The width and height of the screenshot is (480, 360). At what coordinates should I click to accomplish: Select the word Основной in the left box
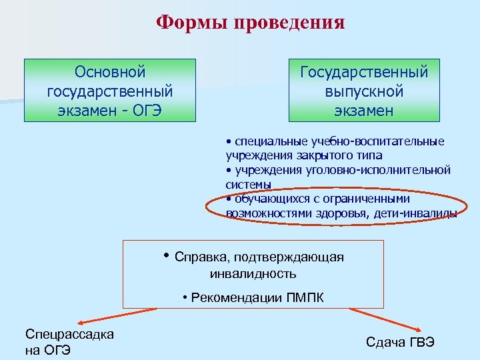click(x=110, y=71)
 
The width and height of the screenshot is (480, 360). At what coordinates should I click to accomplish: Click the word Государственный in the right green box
click(x=364, y=71)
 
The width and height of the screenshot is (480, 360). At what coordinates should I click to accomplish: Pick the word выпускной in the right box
click(x=364, y=91)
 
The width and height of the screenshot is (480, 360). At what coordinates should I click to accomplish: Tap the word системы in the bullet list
click(x=249, y=184)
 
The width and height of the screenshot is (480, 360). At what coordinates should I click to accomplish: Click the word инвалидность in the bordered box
click(x=253, y=273)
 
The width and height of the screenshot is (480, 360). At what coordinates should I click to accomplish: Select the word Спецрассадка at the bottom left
click(x=69, y=334)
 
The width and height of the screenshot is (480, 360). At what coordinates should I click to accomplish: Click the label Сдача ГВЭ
click(x=400, y=341)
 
